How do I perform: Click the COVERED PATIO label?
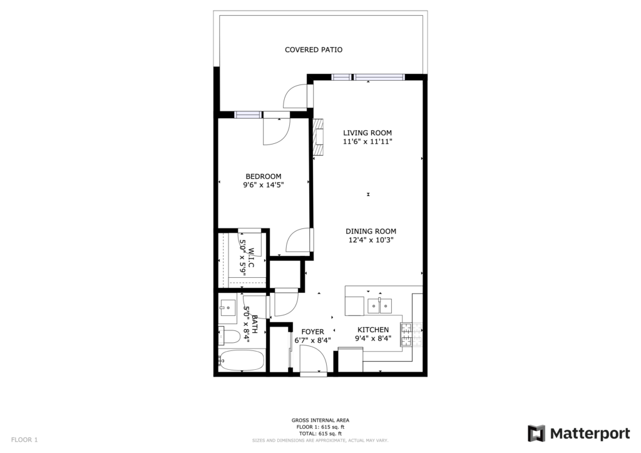click(x=314, y=50)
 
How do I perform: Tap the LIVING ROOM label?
click(x=367, y=133)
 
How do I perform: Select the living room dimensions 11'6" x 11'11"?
click(x=367, y=142)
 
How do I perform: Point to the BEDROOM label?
click(x=264, y=176)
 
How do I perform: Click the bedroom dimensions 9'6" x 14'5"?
click(x=264, y=185)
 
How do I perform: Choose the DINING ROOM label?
click(x=371, y=232)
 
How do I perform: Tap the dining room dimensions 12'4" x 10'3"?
click(x=371, y=240)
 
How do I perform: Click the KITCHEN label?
click(x=373, y=330)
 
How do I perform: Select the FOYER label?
click(x=313, y=332)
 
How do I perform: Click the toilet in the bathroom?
click(x=229, y=337)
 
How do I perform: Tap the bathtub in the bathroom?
click(x=242, y=360)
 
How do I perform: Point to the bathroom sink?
click(x=227, y=308)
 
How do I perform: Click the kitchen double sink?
click(x=379, y=306)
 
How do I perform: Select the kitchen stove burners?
click(x=411, y=335)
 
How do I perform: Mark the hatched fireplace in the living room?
click(x=318, y=137)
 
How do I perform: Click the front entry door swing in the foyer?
click(x=313, y=359)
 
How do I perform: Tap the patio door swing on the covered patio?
click(x=295, y=97)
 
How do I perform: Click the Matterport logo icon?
click(x=536, y=434)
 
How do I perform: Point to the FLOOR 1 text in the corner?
click(x=24, y=440)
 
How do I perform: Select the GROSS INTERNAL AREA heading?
click(x=320, y=420)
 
